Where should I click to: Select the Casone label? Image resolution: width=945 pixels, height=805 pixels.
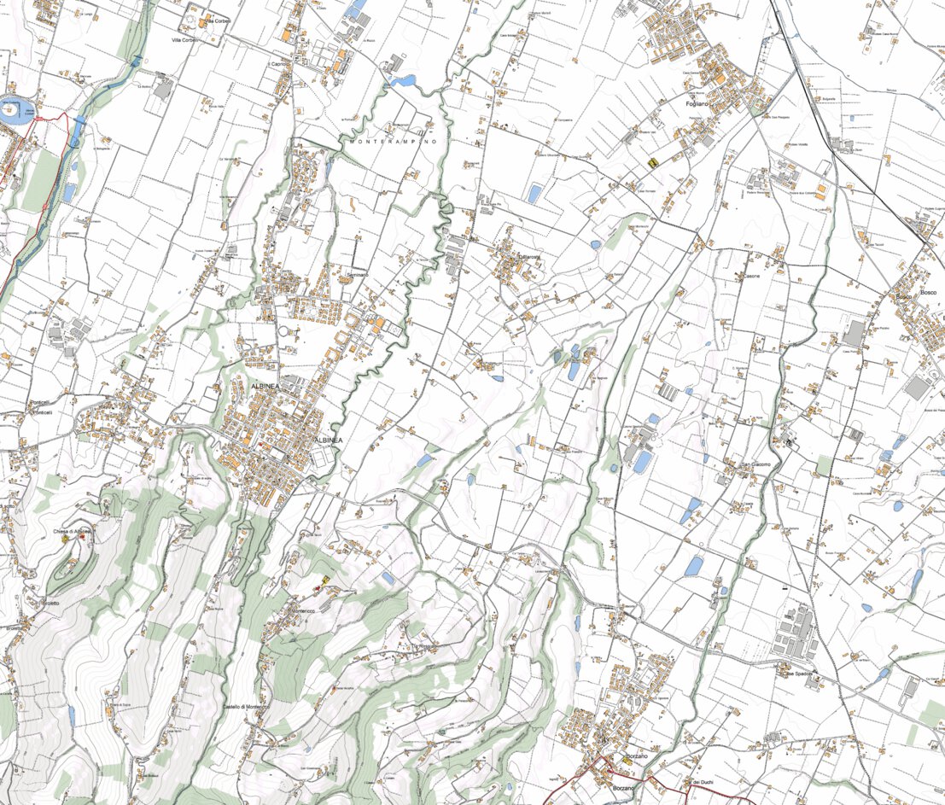[751, 277]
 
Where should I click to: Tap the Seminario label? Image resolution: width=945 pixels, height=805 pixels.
[358, 275]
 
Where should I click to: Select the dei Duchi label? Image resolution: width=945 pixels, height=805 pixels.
[702, 783]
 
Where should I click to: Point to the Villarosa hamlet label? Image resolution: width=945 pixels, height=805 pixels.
[528, 257]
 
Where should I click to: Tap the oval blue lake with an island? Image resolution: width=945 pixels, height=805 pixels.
[13, 111]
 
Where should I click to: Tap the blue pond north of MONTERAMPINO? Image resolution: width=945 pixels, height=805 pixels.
[401, 81]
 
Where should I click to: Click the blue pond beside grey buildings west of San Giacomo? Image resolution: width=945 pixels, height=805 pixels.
[642, 462]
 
